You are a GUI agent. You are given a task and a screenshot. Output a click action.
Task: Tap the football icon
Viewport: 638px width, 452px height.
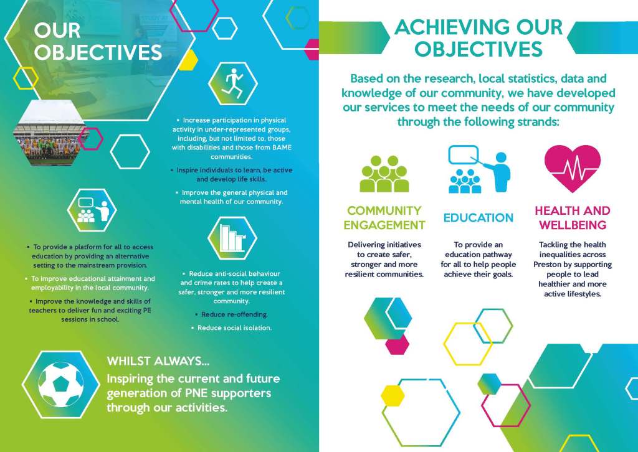click(x=61, y=385)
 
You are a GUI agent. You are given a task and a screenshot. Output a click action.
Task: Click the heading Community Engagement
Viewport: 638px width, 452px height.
click(x=384, y=218)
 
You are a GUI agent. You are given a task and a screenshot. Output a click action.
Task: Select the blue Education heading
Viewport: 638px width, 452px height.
click(x=478, y=218)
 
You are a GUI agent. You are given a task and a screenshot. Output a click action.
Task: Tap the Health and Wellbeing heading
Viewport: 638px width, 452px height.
click(x=573, y=218)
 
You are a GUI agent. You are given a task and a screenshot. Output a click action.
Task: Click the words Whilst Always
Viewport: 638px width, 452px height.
click(x=158, y=361)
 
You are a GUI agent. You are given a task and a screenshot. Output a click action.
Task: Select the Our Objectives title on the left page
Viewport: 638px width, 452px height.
click(x=98, y=42)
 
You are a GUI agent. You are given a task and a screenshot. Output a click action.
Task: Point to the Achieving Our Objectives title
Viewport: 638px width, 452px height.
click(x=478, y=38)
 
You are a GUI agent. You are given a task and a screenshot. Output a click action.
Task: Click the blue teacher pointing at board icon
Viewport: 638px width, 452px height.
click(x=479, y=169)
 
